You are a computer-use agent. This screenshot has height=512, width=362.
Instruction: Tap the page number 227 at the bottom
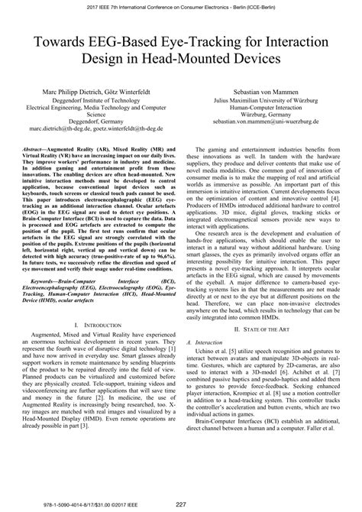point(181,502)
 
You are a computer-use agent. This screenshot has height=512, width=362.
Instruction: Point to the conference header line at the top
point(181,6)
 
